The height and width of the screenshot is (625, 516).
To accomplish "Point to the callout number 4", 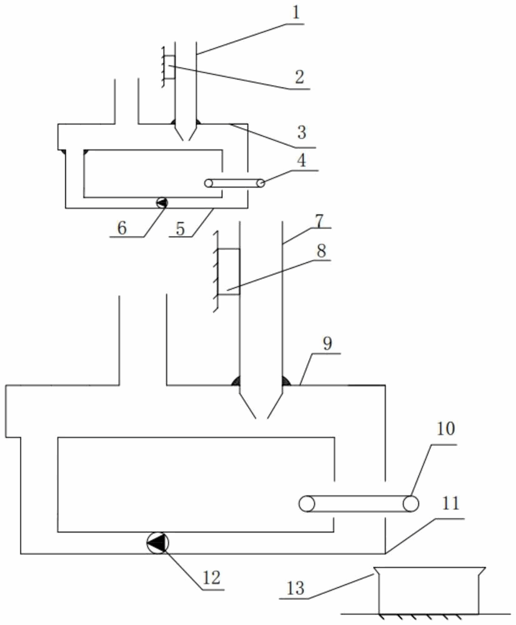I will pyautogui.click(x=302, y=159).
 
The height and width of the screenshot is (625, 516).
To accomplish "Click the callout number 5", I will pyautogui.click(x=180, y=229).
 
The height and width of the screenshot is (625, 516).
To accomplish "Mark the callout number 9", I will pyautogui.click(x=327, y=344).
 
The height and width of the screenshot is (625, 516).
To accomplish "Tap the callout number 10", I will pyautogui.click(x=447, y=430).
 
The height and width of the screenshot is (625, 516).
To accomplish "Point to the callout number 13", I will pyautogui.click(x=295, y=588).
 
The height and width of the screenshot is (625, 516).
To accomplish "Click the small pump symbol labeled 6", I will pyautogui.click(x=161, y=202).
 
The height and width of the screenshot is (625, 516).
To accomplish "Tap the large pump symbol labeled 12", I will pyautogui.click(x=157, y=542).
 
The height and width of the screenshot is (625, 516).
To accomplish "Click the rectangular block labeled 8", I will pyautogui.click(x=229, y=271).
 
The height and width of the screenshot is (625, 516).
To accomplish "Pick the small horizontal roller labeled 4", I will pyautogui.click(x=235, y=182).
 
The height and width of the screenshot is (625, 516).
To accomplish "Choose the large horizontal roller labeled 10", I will pyautogui.click(x=359, y=503).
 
